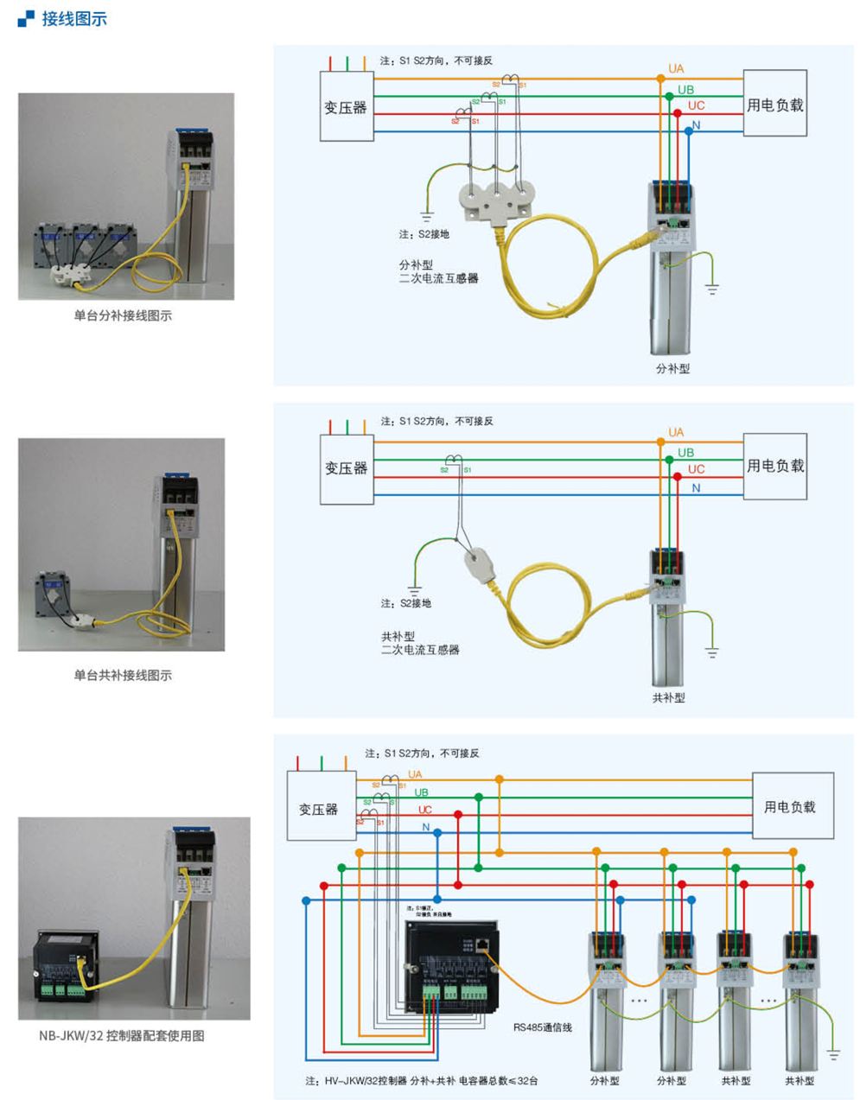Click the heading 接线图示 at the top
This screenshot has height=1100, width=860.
point(74,18)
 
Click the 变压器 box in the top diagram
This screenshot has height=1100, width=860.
point(347,107)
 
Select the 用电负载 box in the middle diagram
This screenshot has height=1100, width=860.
point(775,466)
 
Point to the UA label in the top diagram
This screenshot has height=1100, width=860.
point(676,68)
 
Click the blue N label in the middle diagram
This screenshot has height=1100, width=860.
point(696,488)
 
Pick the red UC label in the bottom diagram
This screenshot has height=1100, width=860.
point(425,810)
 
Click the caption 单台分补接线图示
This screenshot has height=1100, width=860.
point(123,316)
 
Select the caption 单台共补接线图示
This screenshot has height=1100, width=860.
point(123,675)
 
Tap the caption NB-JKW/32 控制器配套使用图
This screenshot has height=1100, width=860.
point(122,1035)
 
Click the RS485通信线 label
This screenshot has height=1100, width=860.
point(543,1027)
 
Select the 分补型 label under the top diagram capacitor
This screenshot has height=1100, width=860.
point(672,368)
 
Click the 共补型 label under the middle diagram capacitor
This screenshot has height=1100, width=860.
point(668,697)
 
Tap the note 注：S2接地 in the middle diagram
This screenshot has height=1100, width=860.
point(405,603)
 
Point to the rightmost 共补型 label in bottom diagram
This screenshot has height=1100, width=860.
point(799,1080)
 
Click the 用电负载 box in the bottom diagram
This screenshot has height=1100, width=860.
point(793,806)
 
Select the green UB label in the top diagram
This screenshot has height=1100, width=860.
point(685,90)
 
